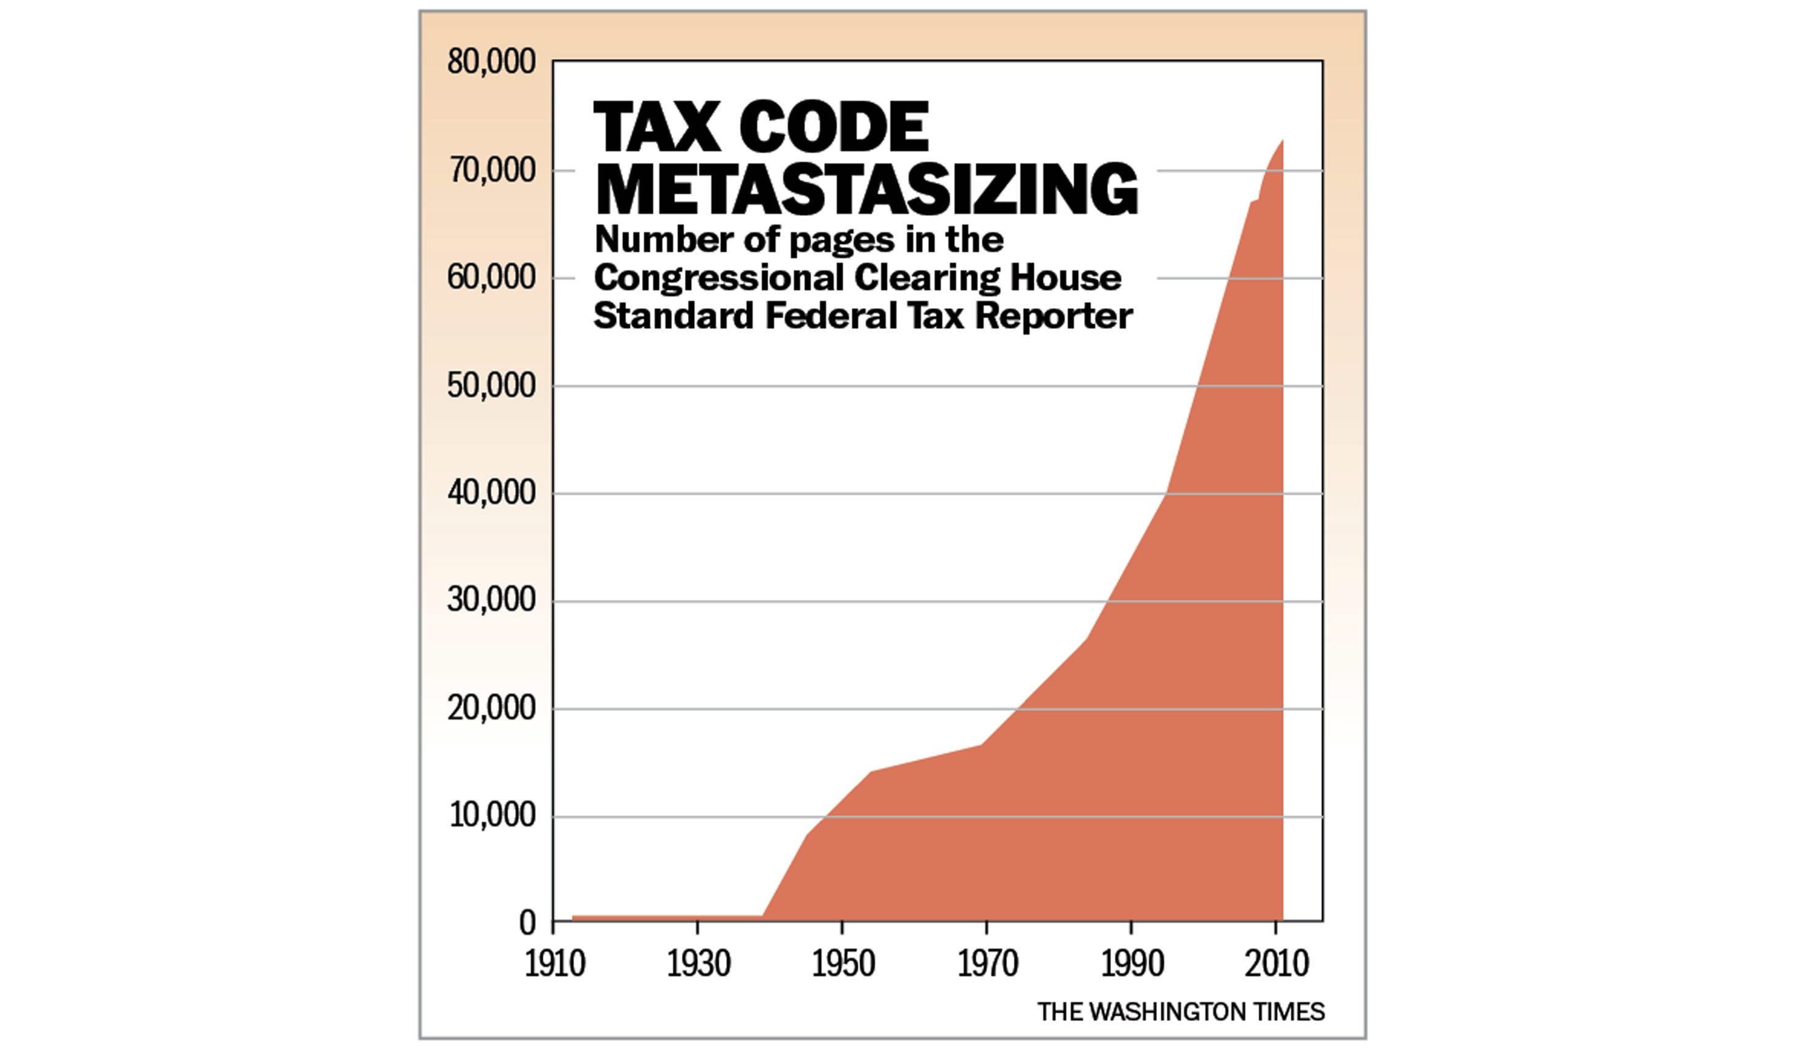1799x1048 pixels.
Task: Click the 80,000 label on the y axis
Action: coord(491,63)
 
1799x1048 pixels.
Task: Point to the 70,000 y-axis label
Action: coord(491,171)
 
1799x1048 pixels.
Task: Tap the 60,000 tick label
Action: coord(491,278)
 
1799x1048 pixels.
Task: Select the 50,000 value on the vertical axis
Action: coord(491,386)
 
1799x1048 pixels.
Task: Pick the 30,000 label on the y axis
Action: coord(491,601)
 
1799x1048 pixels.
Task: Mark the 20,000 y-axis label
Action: coord(491,709)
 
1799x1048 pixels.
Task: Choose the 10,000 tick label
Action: coord(491,816)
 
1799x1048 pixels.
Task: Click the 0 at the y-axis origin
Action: coord(527,924)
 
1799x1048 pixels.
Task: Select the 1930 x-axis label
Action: coord(699,965)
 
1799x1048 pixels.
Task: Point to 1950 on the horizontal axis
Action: coord(843,965)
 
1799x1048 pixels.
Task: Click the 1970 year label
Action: coord(987,965)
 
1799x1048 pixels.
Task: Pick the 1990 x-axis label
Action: coord(1132,965)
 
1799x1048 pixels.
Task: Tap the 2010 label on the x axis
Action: coord(1277,965)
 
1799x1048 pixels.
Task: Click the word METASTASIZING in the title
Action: coord(866,189)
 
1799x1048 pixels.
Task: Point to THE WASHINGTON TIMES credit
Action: coord(1181,1012)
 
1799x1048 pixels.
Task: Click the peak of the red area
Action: coord(1282,140)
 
